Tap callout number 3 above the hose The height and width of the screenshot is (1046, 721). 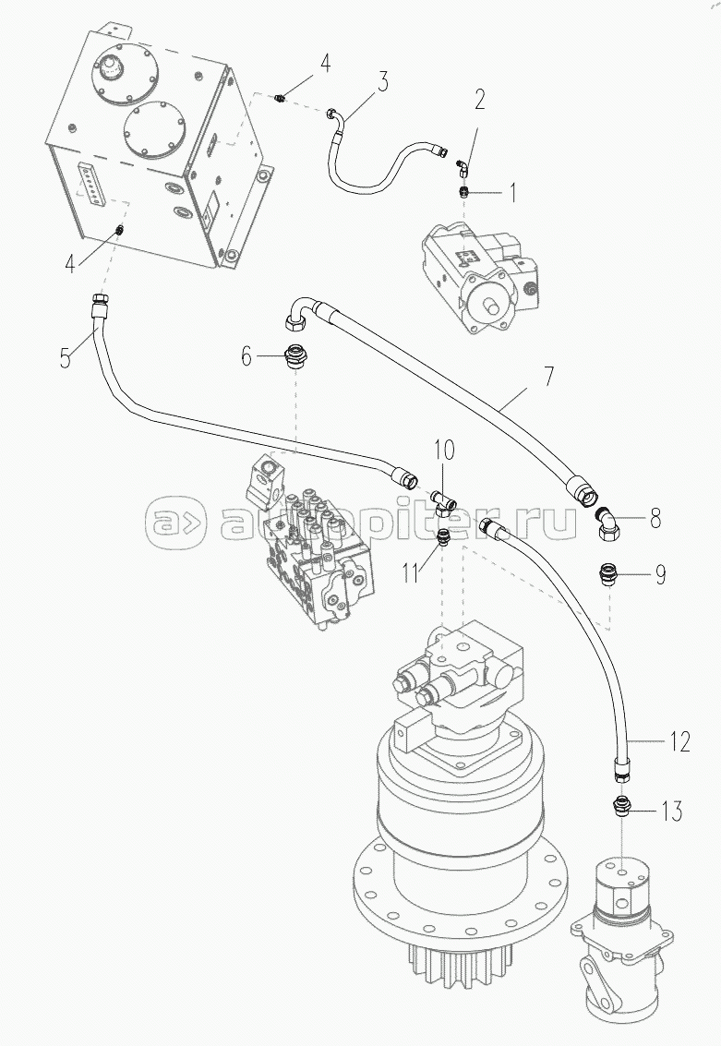(381, 80)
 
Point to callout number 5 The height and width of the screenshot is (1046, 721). (65, 356)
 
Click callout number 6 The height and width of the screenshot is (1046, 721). (246, 355)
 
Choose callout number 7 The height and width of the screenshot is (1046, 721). (547, 376)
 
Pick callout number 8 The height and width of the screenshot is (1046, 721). (655, 519)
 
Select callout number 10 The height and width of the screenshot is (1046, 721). (444, 451)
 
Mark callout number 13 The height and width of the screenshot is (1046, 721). (671, 812)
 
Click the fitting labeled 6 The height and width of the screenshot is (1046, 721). (295, 355)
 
